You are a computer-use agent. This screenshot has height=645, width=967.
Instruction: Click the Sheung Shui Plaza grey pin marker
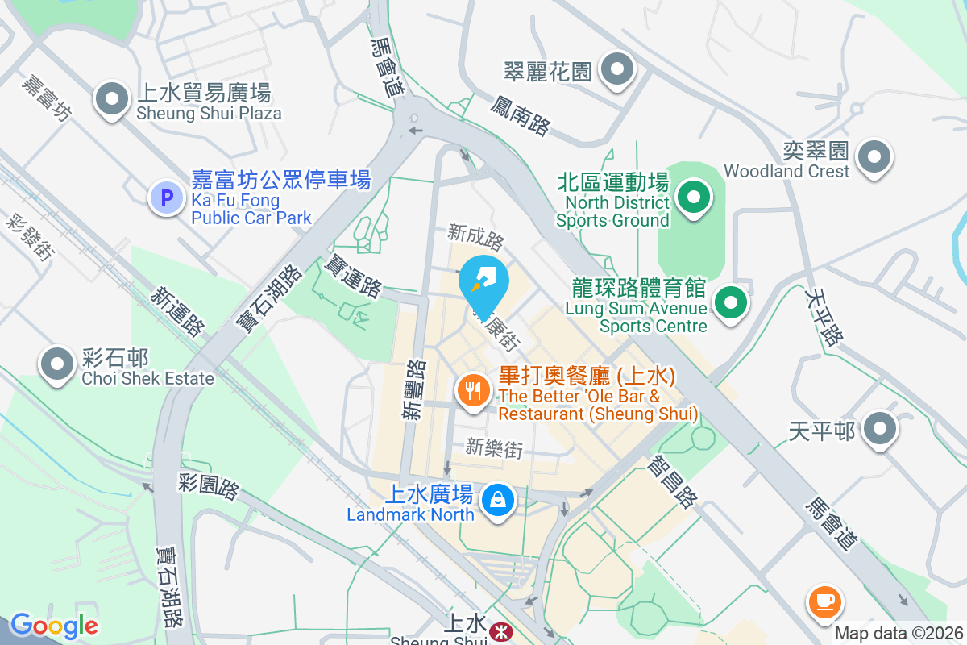(x=112, y=100)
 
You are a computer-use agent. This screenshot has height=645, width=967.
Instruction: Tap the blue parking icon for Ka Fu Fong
(x=167, y=197)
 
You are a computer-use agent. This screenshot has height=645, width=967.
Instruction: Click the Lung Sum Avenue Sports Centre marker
(x=731, y=304)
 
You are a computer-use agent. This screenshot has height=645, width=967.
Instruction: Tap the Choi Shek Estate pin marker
(x=57, y=364)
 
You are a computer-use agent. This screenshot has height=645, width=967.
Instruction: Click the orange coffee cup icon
(x=824, y=601)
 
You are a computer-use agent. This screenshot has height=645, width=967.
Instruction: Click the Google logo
(x=54, y=626)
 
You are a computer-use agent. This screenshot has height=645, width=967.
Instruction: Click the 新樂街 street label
(x=494, y=447)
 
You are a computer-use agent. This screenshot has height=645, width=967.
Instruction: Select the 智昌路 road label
(x=671, y=480)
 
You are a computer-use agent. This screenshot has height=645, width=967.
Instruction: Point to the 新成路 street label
(x=476, y=239)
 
